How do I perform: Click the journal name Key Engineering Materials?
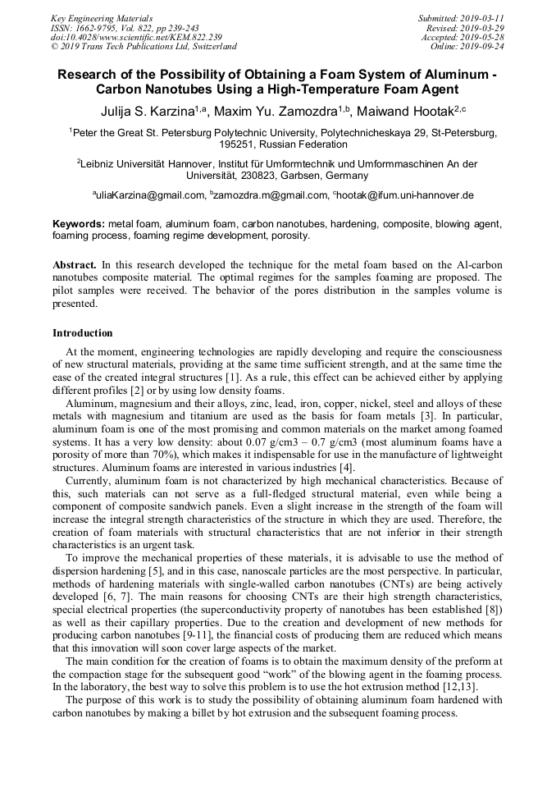(102, 18)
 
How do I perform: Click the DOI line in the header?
(136, 37)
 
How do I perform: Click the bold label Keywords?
(79, 223)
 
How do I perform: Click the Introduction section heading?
(83, 333)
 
